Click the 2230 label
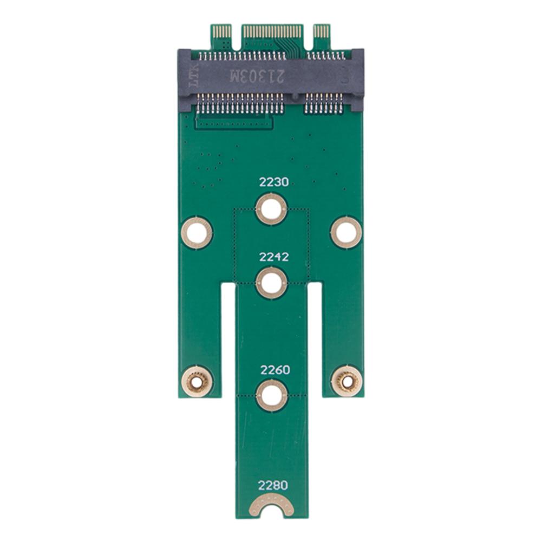coord(273,184)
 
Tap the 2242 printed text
coord(274,257)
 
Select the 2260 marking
coord(275,370)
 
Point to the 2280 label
coord(274,485)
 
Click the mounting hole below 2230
coord(271,209)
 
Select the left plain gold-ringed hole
coord(197,233)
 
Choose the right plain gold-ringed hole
coord(346,233)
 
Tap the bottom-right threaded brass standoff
coord(346,381)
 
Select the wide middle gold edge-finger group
coord(272,31)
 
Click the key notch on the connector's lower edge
coord(296,98)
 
